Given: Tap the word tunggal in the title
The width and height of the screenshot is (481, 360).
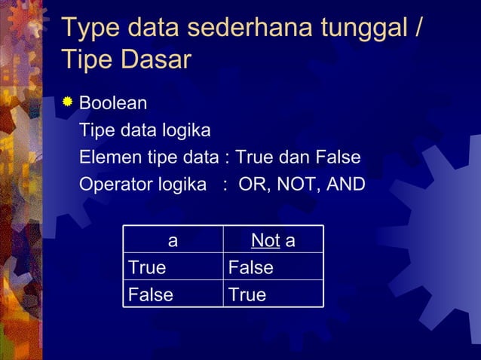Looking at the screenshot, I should (360, 28).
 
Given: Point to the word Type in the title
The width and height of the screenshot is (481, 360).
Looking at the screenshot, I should (88, 28).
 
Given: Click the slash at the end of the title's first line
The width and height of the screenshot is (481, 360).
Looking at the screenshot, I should (418, 28).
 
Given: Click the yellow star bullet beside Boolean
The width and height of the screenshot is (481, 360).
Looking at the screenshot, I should (69, 102).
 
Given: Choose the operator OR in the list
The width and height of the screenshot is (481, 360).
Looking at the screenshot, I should (253, 185).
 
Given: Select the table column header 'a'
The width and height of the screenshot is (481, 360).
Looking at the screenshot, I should (173, 241).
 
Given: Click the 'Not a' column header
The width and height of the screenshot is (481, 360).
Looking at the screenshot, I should (273, 241).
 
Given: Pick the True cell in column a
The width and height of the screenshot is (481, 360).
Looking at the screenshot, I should (147, 267).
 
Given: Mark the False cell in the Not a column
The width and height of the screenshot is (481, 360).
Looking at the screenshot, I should (250, 267).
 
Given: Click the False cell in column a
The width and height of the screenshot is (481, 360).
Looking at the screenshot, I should (150, 294).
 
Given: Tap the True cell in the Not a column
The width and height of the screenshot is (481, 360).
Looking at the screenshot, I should (247, 294).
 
